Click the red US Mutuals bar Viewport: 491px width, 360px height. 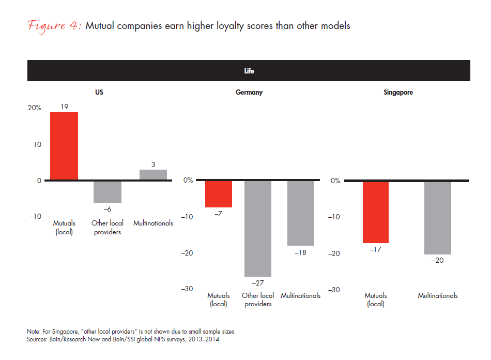pos(64,146)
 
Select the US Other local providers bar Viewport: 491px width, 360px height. pos(108,191)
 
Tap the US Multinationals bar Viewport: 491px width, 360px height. pos(153,175)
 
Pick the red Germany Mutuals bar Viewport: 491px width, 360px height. pos(219,194)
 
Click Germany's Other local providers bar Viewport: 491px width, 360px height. pos(258,229)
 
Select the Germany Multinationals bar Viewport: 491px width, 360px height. pos(300,213)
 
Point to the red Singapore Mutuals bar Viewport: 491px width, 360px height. pos(375,212)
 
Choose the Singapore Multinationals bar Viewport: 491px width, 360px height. pos(438,218)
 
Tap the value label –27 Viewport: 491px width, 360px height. pos(258,283)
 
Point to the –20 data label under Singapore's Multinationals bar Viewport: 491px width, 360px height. pos(437,261)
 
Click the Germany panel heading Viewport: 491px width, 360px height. pos(249,93)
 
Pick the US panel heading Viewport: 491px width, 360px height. pos(99,93)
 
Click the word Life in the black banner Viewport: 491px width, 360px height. pos(249,71)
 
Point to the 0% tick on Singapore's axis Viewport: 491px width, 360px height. pos(335,181)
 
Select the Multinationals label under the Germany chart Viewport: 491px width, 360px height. pos(300,296)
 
